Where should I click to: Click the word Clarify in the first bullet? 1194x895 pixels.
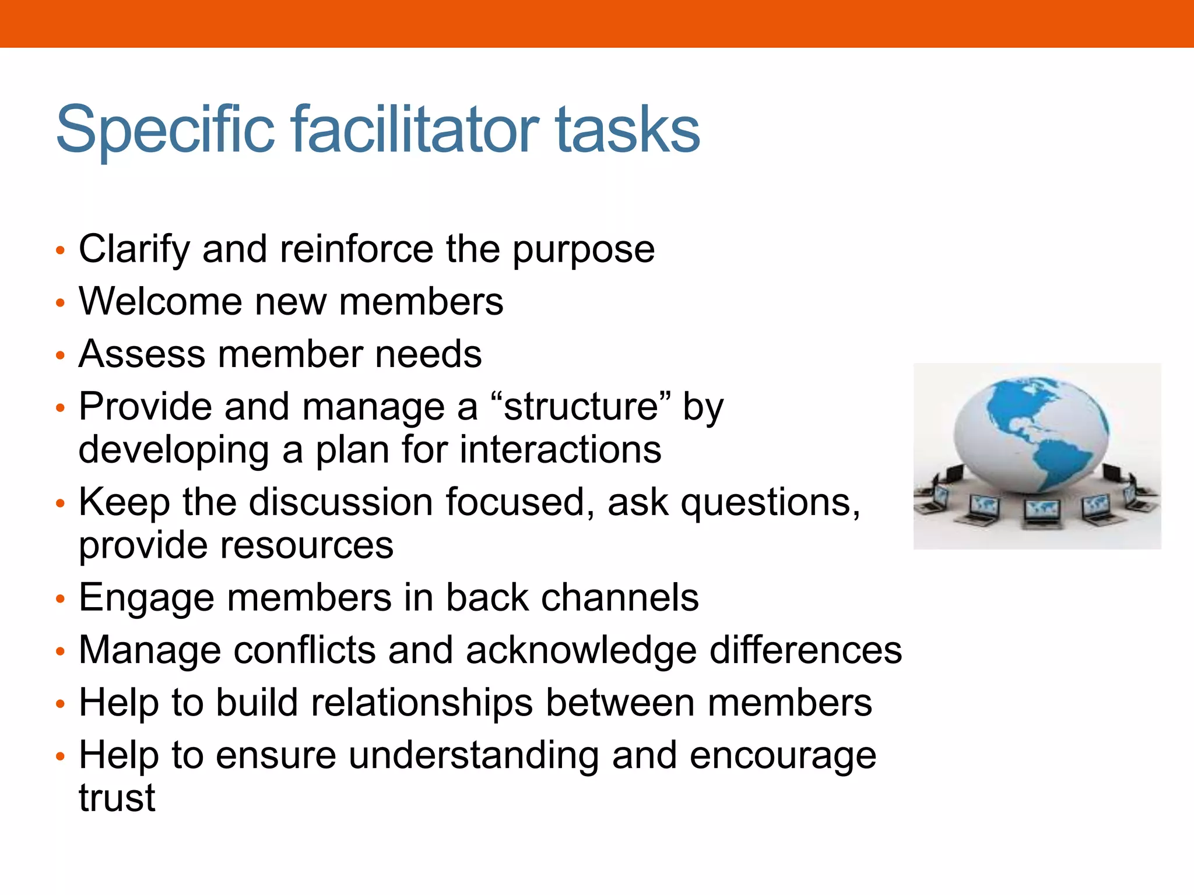134,249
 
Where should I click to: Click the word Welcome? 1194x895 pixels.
160,302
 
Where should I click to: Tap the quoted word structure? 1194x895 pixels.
581,407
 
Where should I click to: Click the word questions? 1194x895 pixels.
770,502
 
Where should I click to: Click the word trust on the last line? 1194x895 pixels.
117,798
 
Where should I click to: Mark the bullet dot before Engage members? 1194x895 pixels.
59,599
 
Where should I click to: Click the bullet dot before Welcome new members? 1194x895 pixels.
59,303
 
